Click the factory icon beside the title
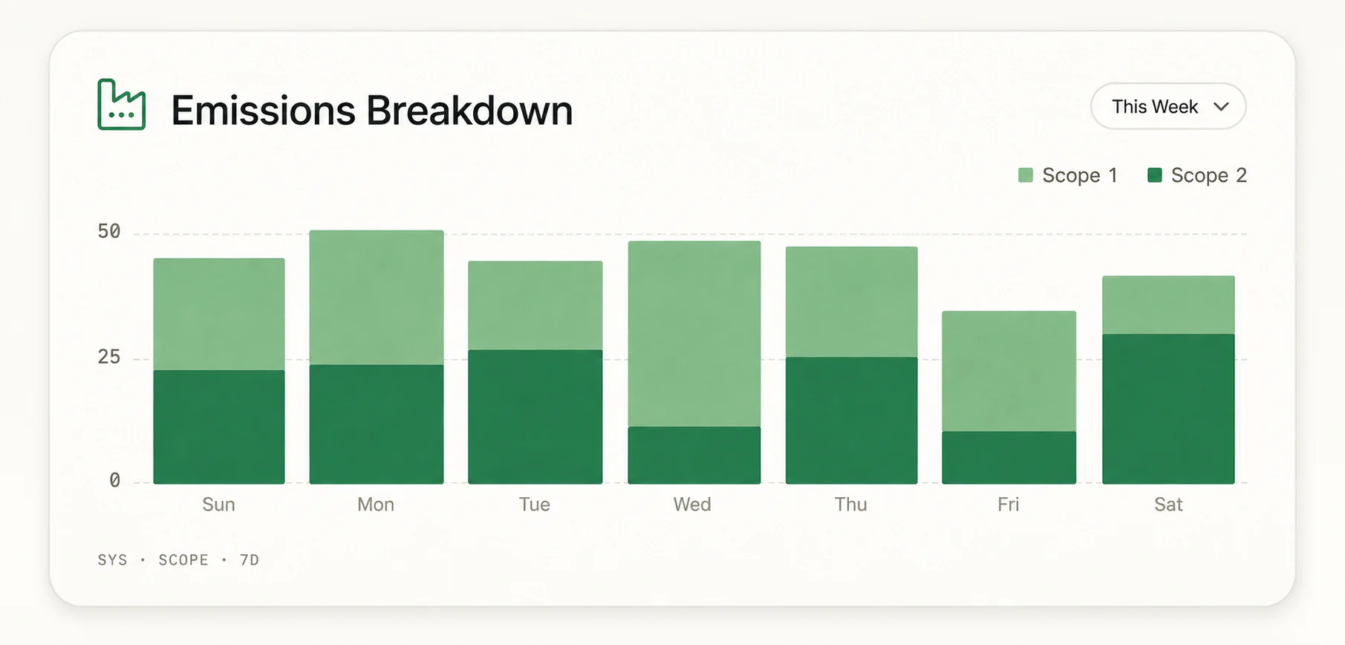(122, 105)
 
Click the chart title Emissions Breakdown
(372, 111)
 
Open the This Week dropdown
(1168, 106)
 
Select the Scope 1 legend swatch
(1026, 175)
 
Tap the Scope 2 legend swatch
(1155, 175)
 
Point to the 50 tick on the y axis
(109, 232)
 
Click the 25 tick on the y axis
(109, 357)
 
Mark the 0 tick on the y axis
(115, 481)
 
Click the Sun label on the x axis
(218, 505)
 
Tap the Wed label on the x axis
(692, 505)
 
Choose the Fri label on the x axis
(1009, 505)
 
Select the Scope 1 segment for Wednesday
(694, 334)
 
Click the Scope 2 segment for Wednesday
(694, 456)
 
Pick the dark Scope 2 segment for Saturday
(1168, 409)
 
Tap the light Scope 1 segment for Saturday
(1168, 305)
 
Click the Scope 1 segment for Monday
(377, 297)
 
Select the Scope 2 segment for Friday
(1009, 458)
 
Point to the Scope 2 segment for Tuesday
(535, 417)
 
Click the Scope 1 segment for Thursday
(852, 302)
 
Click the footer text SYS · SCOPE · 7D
(178, 560)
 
